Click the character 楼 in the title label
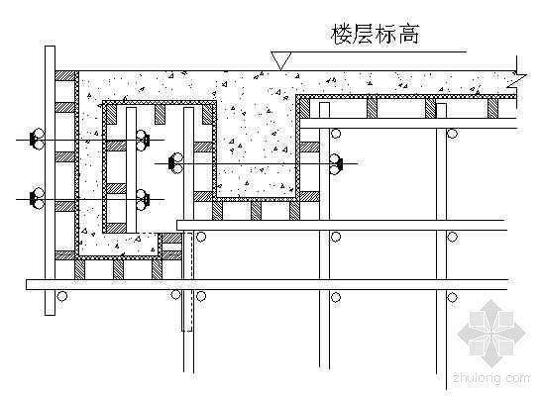tap(342, 34)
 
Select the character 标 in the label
tap(386, 34)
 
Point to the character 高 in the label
tap(408, 34)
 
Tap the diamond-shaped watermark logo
tap(491, 334)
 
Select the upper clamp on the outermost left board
tap(37, 140)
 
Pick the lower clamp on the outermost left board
tap(37, 199)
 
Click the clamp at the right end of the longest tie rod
tap(335, 163)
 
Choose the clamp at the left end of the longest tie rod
tap(176, 163)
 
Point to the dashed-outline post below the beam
tap(187, 281)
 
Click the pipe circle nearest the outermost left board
tap(61, 296)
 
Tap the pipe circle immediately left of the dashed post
tap(176, 294)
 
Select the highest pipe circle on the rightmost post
tap(453, 134)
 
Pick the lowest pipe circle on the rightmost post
tap(453, 297)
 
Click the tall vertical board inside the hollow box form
tap(131, 170)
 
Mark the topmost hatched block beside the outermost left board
tap(65, 76)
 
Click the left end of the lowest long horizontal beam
tap(27, 284)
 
